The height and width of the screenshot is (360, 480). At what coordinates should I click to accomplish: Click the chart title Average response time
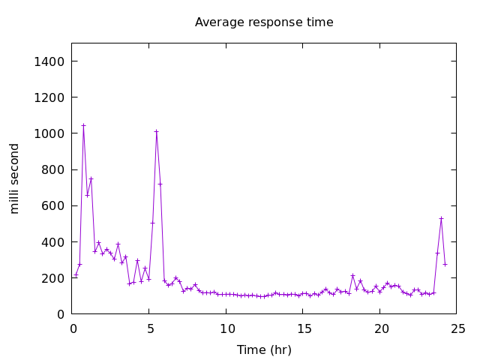[264, 22]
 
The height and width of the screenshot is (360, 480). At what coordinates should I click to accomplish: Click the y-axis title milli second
[15, 178]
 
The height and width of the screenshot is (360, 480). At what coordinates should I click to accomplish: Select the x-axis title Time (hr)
[264, 349]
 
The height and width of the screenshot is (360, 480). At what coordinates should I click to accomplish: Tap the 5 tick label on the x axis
[149, 328]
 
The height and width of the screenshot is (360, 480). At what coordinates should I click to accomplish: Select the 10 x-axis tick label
[226, 328]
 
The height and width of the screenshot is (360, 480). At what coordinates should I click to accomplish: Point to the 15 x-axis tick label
[304, 328]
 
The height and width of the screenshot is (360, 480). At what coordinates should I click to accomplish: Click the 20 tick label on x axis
[381, 328]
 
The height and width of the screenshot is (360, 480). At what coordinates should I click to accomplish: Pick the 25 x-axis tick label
[457, 328]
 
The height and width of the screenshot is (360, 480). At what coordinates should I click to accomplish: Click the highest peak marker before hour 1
[83, 125]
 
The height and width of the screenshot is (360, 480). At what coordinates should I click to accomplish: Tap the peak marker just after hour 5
[156, 131]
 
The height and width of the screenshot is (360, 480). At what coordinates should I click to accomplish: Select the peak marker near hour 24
[441, 218]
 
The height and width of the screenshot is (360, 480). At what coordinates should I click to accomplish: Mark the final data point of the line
[445, 264]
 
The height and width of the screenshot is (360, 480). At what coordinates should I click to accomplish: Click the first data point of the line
[76, 274]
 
